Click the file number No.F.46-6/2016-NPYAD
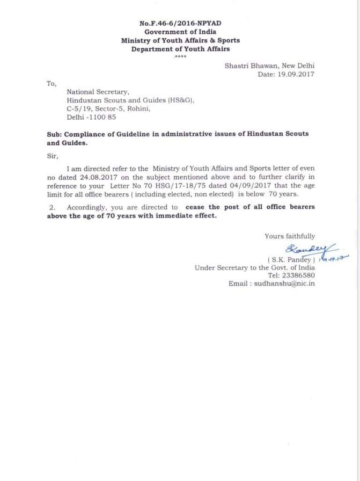tap(180, 24)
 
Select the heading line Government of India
tap(180, 32)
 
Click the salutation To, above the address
tap(51, 83)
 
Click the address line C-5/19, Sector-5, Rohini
tap(108, 108)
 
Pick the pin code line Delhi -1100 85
tap(91, 117)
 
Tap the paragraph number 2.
tap(53, 207)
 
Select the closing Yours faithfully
tap(290, 236)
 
